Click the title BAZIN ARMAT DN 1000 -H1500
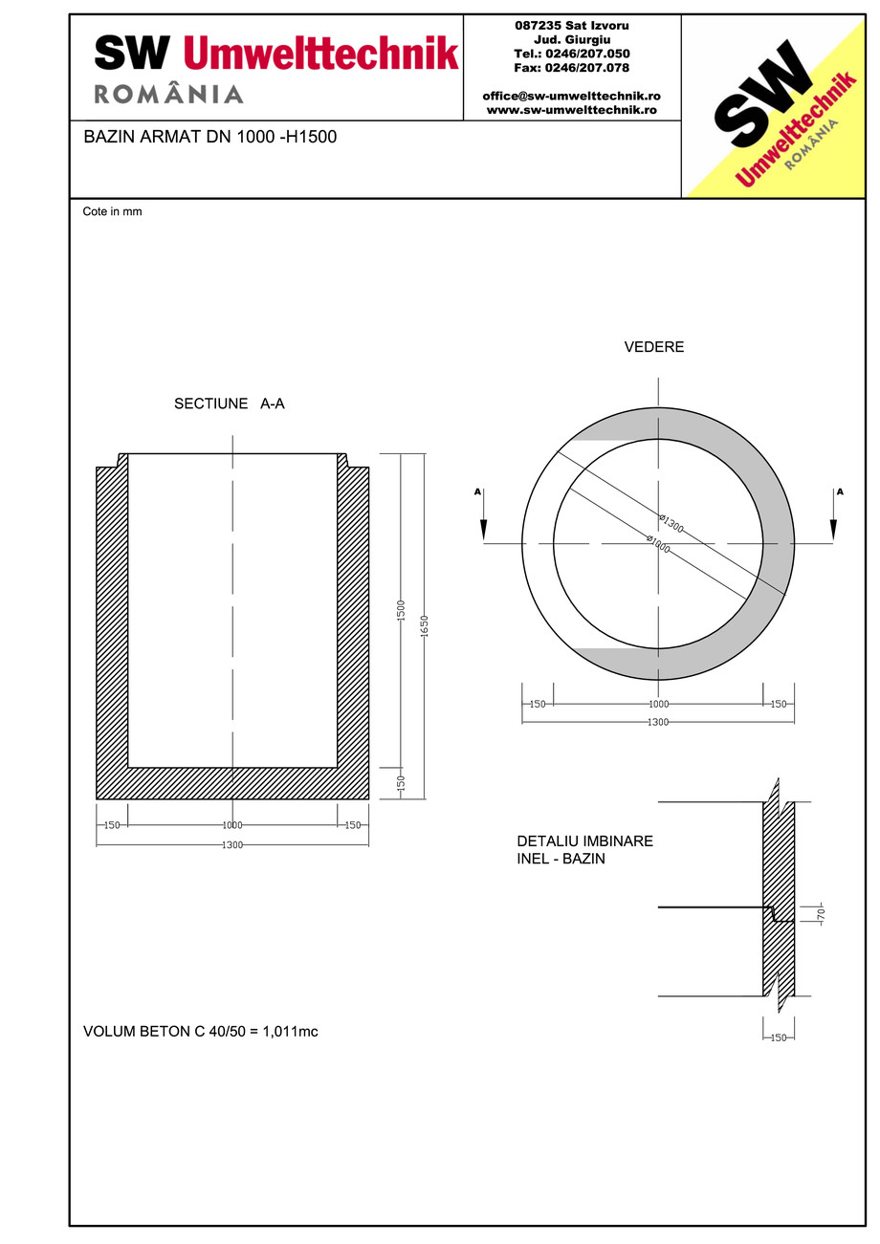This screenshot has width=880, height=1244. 210,137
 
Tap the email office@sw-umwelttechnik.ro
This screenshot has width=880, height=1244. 571,97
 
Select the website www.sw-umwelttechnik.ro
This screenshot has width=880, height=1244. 571,110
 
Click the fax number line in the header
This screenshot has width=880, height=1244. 571,68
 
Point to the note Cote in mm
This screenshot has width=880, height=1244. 112,211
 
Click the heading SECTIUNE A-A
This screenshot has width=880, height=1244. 229,404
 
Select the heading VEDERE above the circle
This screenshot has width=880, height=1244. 654,347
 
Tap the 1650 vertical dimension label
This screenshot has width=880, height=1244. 425,626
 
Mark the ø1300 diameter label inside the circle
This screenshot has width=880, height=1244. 671,524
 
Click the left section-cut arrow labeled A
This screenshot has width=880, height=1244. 483,516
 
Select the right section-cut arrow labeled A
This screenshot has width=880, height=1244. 833,516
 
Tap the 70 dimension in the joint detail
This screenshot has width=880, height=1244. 821,915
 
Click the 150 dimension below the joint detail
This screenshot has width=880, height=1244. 778,1037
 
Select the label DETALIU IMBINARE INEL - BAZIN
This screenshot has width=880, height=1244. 584,850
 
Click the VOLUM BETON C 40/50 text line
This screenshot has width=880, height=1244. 201,1032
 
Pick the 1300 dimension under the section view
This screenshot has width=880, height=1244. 232,845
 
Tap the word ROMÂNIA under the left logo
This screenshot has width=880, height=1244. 168,94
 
